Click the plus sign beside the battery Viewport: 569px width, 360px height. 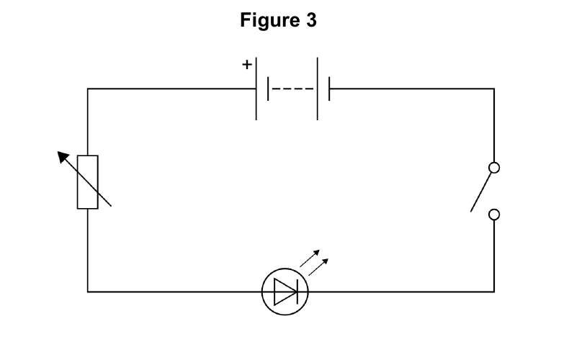click(x=247, y=65)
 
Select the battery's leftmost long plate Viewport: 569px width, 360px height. click(x=256, y=89)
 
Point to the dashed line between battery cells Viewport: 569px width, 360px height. click(x=292, y=89)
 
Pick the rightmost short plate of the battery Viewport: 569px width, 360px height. click(x=329, y=89)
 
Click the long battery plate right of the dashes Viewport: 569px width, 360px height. click(x=317, y=89)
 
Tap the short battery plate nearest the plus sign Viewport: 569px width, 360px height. click(x=268, y=89)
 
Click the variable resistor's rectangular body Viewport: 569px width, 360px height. click(x=87, y=182)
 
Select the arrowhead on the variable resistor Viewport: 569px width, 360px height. click(x=63, y=156)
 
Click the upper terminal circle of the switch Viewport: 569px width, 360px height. click(x=494, y=168)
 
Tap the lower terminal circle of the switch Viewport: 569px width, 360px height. click(x=494, y=215)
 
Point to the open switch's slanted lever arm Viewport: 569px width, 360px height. click(x=481, y=192)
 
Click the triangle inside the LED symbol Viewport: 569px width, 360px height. click(x=284, y=292)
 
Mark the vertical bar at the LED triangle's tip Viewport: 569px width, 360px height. click(x=297, y=292)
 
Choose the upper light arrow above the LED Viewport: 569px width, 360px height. click(x=310, y=258)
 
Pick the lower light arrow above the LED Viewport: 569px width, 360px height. click(x=318, y=267)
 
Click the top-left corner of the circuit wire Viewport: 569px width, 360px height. click(x=87, y=89)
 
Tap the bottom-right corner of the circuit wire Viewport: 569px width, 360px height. click(x=494, y=292)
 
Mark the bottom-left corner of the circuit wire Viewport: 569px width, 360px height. click(x=87, y=292)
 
